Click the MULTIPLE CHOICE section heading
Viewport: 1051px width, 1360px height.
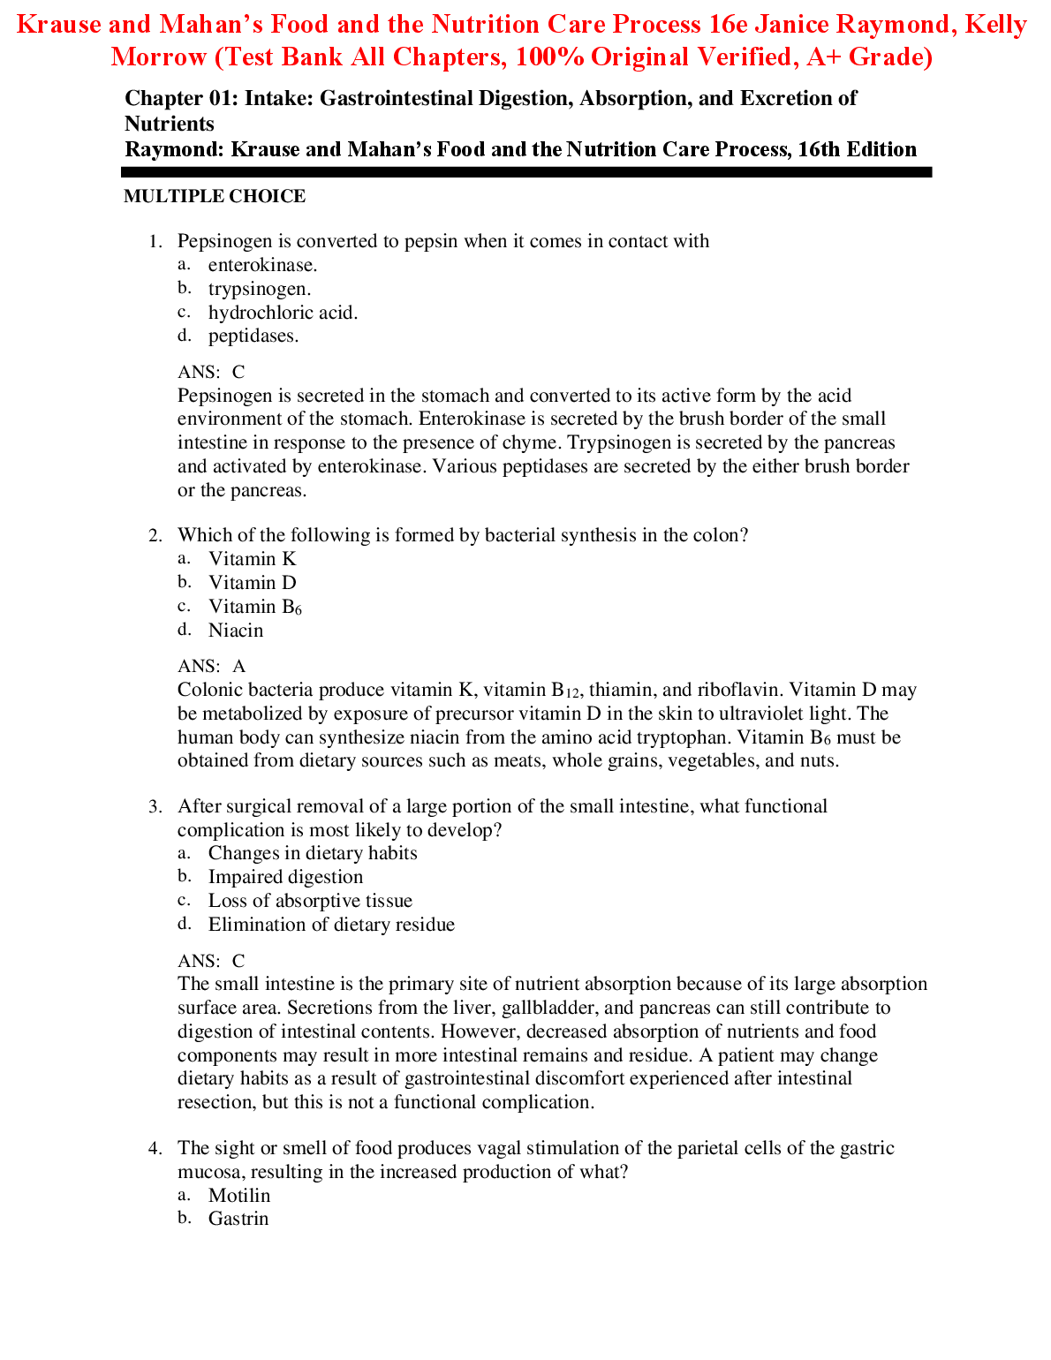pos(215,197)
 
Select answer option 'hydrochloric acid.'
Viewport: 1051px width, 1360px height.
pos(283,313)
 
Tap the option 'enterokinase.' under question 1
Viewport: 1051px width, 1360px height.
pos(262,265)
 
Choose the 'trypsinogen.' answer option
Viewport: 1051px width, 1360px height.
pos(260,289)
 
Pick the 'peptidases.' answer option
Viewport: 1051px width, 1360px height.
pos(253,336)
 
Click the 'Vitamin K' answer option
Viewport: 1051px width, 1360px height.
pos(252,559)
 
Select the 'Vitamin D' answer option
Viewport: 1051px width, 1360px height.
pos(252,583)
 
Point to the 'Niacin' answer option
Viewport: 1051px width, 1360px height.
pos(236,631)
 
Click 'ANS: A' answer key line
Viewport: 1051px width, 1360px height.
pos(212,667)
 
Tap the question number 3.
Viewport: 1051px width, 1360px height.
pos(155,806)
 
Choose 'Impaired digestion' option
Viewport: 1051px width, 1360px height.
pos(285,877)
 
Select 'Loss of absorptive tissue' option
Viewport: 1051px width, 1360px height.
pos(310,901)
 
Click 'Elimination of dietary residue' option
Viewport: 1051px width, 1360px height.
pos(331,925)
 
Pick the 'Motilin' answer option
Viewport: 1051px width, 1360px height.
pos(239,1196)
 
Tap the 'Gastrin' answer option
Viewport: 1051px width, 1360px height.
pos(238,1219)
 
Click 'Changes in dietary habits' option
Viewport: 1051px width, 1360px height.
pos(313,853)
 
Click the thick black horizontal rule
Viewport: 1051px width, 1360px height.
pos(528,173)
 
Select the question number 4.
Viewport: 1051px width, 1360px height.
pos(155,1148)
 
